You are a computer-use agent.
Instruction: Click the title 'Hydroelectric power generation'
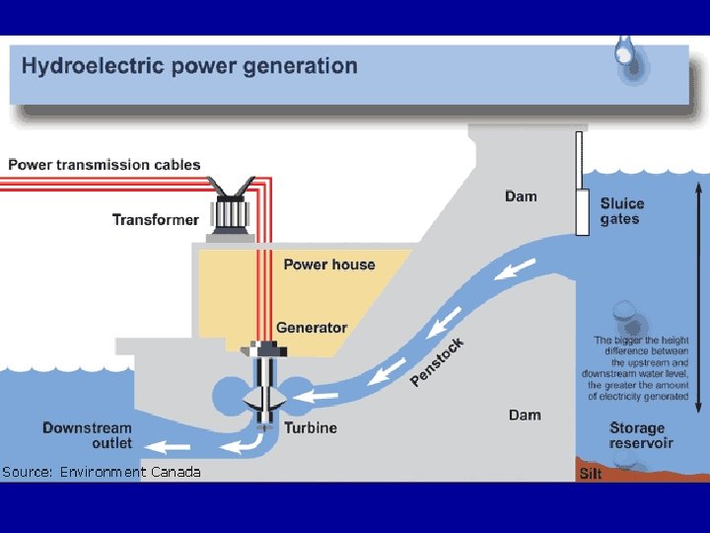(x=189, y=67)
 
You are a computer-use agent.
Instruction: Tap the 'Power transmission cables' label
(x=105, y=165)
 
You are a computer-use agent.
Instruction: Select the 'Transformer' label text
(x=155, y=219)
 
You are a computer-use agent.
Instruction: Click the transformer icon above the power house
(x=232, y=209)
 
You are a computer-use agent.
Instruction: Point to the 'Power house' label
(x=329, y=264)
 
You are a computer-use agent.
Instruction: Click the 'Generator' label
(x=312, y=328)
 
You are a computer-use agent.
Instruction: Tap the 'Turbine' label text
(x=311, y=427)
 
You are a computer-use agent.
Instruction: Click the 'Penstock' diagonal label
(x=437, y=361)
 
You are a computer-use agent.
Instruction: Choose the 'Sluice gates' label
(x=622, y=211)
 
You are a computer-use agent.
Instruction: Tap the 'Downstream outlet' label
(x=87, y=435)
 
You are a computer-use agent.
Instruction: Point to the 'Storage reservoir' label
(x=641, y=435)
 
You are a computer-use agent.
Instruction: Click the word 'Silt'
(x=591, y=474)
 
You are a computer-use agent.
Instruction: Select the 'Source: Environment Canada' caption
(x=102, y=472)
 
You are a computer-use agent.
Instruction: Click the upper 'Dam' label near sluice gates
(x=521, y=196)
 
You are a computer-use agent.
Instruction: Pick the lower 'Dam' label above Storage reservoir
(x=525, y=415)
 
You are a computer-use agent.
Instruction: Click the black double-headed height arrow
(x=698, y=296)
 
